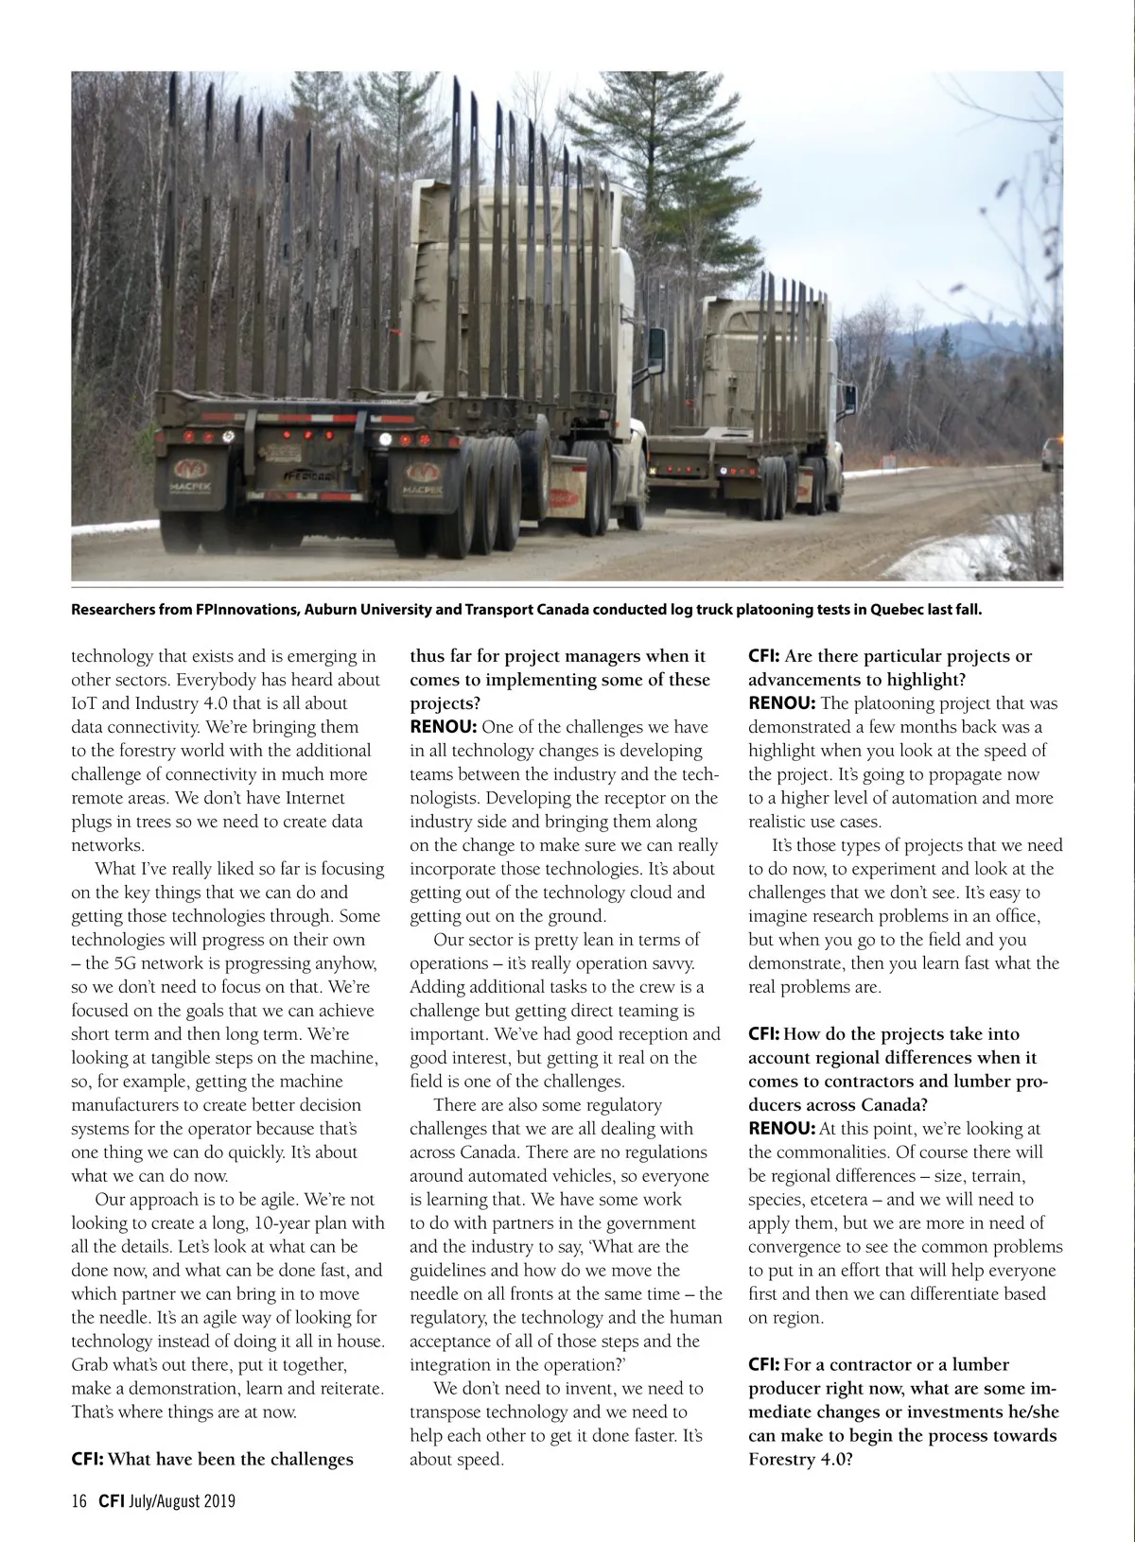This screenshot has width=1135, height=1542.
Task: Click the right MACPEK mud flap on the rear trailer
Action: click(423, 481)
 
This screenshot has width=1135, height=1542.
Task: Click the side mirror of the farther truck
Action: click(847, 398)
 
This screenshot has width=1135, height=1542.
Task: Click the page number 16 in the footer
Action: click(79, 1500)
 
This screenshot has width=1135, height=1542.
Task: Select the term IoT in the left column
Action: click(85, 703)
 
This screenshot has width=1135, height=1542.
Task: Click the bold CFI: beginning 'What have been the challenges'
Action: click(88, 1459)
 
